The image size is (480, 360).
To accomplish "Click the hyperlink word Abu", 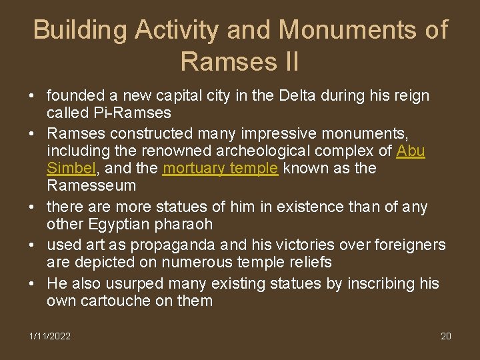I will (x=411, y=150).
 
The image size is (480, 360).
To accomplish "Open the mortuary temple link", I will (x=220, y=168).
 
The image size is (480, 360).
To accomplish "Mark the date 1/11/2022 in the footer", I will (x=50, y=336).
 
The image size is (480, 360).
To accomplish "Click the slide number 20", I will (x=446, y=336).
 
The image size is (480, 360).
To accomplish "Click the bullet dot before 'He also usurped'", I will (x=32, y=283).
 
